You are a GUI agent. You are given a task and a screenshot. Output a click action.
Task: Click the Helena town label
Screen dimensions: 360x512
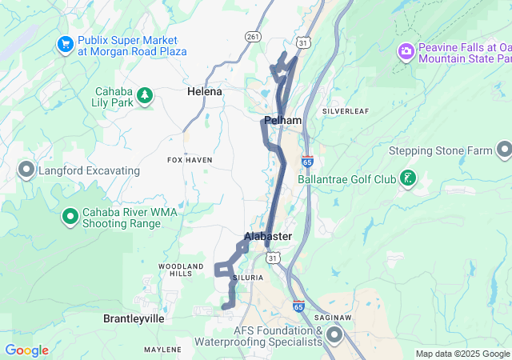205,92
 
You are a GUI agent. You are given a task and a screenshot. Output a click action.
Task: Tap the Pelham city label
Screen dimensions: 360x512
282,121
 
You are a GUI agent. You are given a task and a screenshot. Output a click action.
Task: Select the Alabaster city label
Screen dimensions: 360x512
268,237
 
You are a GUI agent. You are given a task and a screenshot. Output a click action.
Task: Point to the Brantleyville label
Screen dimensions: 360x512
134,318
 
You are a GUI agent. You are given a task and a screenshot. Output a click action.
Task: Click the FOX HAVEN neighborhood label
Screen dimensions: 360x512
190,160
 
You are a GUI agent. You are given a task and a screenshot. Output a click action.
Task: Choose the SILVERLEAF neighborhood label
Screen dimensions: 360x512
346,111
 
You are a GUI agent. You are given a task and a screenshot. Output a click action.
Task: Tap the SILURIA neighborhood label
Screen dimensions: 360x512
246,278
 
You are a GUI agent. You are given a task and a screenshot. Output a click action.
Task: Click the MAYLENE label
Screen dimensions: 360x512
162,350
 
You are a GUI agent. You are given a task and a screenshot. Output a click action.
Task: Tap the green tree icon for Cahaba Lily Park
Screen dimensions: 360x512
145,96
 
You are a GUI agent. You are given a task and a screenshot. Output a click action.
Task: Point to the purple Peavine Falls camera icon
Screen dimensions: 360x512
406,52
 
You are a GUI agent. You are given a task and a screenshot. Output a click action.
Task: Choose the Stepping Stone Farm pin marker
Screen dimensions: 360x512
504,150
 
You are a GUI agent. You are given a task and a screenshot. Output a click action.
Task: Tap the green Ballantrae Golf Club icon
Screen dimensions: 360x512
409,178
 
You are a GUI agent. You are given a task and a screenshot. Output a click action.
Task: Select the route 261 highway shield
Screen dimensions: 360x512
254,37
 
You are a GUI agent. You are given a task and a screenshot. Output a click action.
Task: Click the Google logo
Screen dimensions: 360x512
26,350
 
